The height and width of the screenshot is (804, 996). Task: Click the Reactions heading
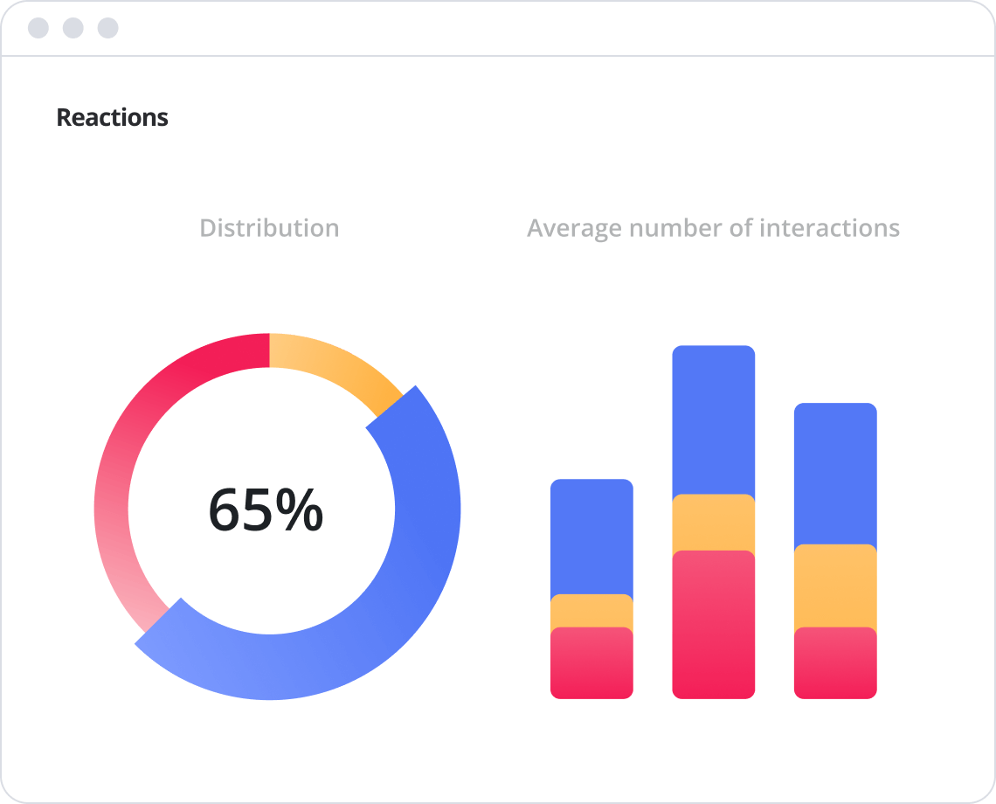point(112,117)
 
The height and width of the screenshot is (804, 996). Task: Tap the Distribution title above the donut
point(269,228)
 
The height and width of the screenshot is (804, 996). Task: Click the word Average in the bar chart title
point(574,228)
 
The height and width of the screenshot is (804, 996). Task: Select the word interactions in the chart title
point(829,228)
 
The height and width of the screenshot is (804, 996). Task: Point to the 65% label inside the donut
point(266,510)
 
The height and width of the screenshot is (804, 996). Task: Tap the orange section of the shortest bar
point(591,611)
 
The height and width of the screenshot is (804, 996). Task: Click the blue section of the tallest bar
point(713,419)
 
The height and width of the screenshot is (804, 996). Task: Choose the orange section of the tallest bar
point(713,523)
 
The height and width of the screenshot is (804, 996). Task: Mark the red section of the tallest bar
point(713,624)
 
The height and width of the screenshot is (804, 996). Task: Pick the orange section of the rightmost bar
point(835,586)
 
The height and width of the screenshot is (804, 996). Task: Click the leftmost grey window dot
point(38,28)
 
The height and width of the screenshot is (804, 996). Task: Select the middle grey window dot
point(73,28)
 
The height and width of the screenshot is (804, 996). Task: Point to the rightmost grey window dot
point(107,28)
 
